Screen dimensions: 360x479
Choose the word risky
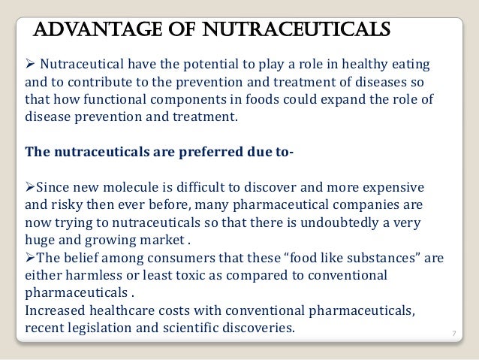68,204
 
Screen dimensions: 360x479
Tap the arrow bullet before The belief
30,259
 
